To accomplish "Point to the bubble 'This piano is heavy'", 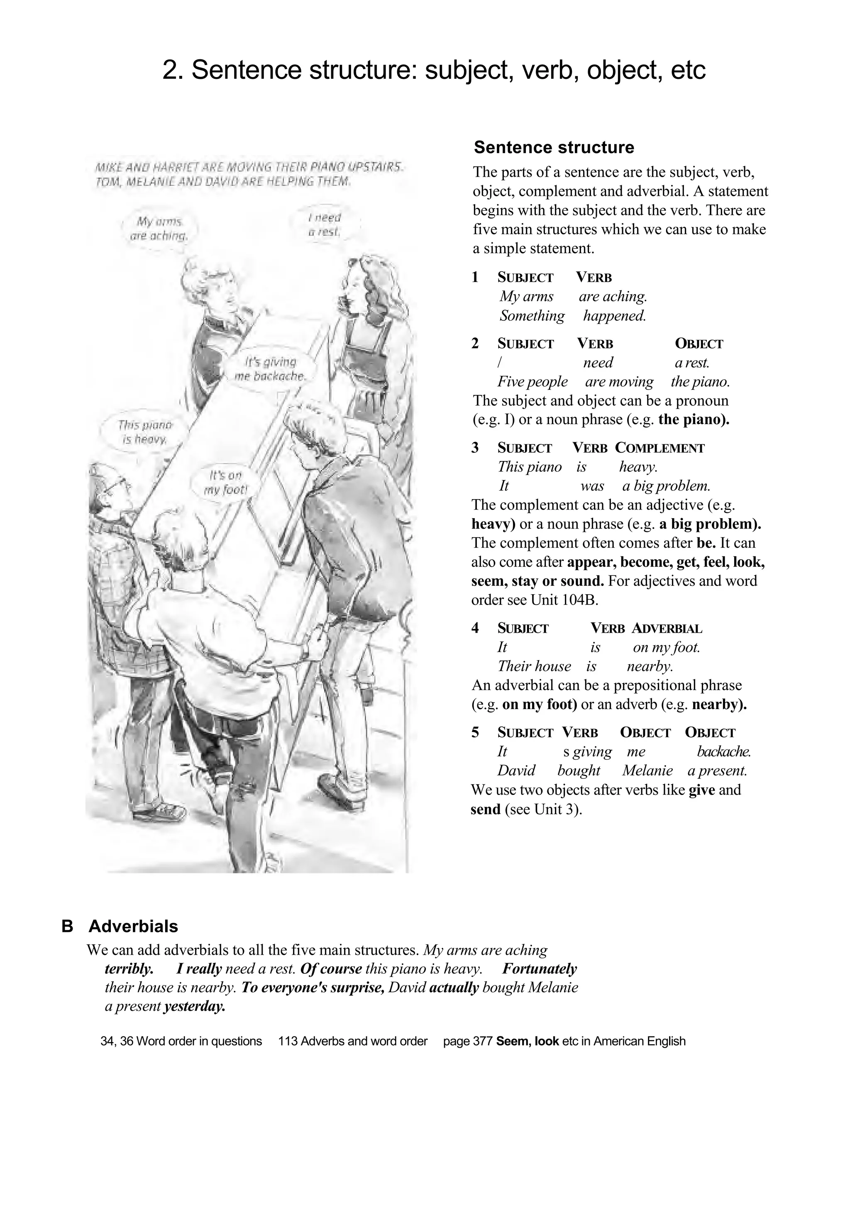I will click(x=144, y=431).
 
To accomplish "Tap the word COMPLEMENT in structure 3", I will click(x=659, y=448).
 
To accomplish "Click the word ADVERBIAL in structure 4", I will click(x=667, y=628).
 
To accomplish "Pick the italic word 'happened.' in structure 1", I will click(x=614, y=316).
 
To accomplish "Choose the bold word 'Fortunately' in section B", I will click(x=539, y=969).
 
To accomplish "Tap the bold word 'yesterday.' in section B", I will click(x=195, y=1006).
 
